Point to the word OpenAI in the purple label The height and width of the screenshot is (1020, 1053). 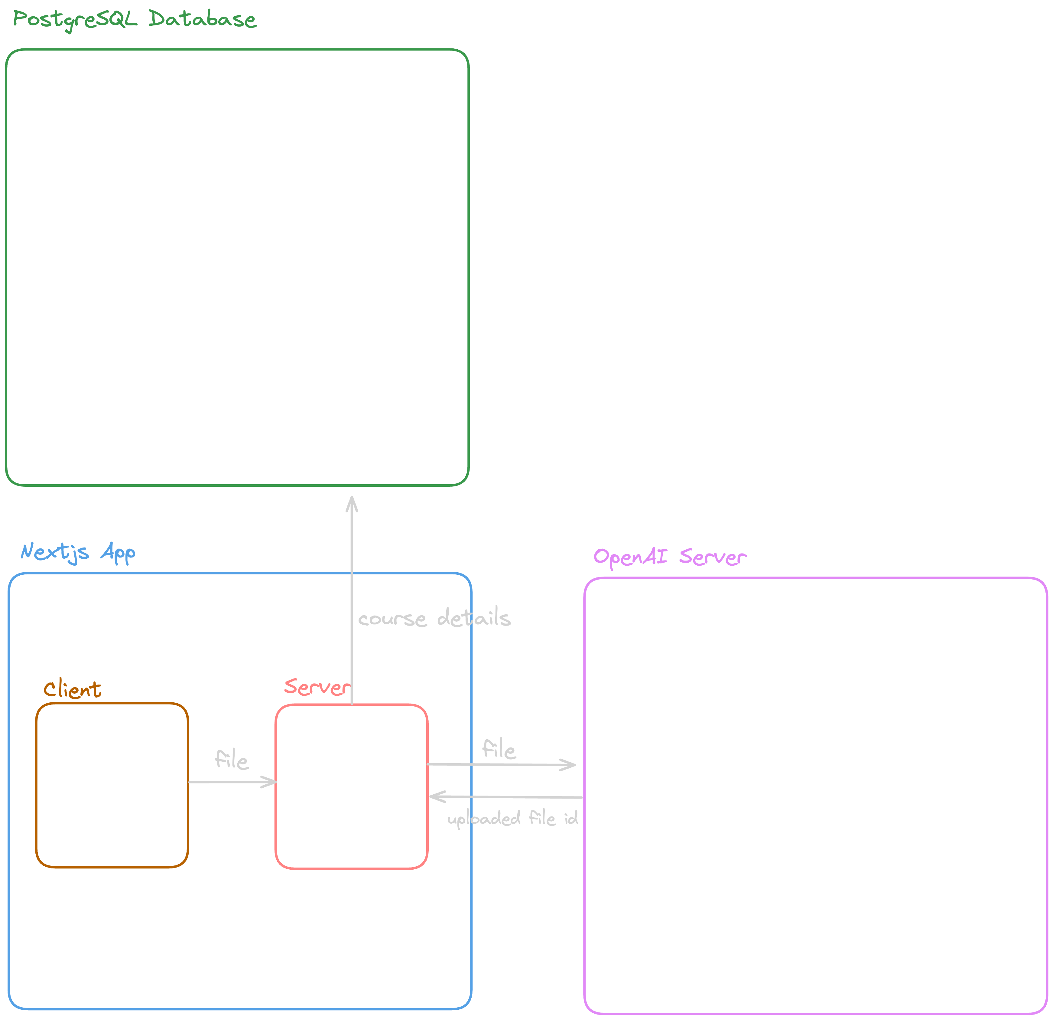[630, 557]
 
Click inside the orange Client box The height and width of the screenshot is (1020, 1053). [112, 785]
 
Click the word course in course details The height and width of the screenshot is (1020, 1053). [392, 619]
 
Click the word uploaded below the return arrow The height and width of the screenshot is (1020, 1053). [483, 819]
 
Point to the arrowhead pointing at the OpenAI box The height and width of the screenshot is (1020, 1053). [570, 765]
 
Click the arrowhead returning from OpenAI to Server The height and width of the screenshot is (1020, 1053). [435, 796]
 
